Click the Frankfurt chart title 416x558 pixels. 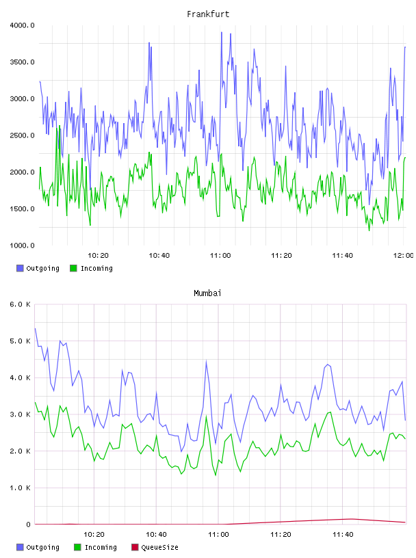click(x=208, y=14)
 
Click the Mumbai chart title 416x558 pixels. click(x=207, y=293)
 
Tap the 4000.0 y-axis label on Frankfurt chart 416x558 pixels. click(x=22, y=25)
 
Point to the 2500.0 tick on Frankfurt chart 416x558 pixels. click(x=22, y=135)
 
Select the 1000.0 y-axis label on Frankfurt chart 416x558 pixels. click(x=22, y=245)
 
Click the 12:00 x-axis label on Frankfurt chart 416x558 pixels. click(x=403, y=255)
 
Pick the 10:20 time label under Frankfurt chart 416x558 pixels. click(x=98, y=255)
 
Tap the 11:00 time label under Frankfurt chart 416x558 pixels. click(x=220, y=255)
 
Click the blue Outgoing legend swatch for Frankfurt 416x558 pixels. click(x=20, y=268)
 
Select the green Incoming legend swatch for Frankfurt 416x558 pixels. click(x=73, y=268)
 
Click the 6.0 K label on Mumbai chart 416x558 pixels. click(x=20, y=304)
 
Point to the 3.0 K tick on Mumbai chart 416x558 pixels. click(x=20, y=414)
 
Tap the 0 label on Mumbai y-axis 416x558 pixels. click(x=28, y=524)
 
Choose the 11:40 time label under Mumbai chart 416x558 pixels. click(x=343, y=534)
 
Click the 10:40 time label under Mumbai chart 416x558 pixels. click(x=156, y=534)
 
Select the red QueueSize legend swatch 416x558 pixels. click(x=135, y=547)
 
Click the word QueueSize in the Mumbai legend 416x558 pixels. click(x=159, y=547)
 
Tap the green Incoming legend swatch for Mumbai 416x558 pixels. click(x=77, y=547)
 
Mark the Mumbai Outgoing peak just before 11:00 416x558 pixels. click(x=206, y=361)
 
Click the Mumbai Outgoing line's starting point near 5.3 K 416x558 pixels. click(x=35, y=328)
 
